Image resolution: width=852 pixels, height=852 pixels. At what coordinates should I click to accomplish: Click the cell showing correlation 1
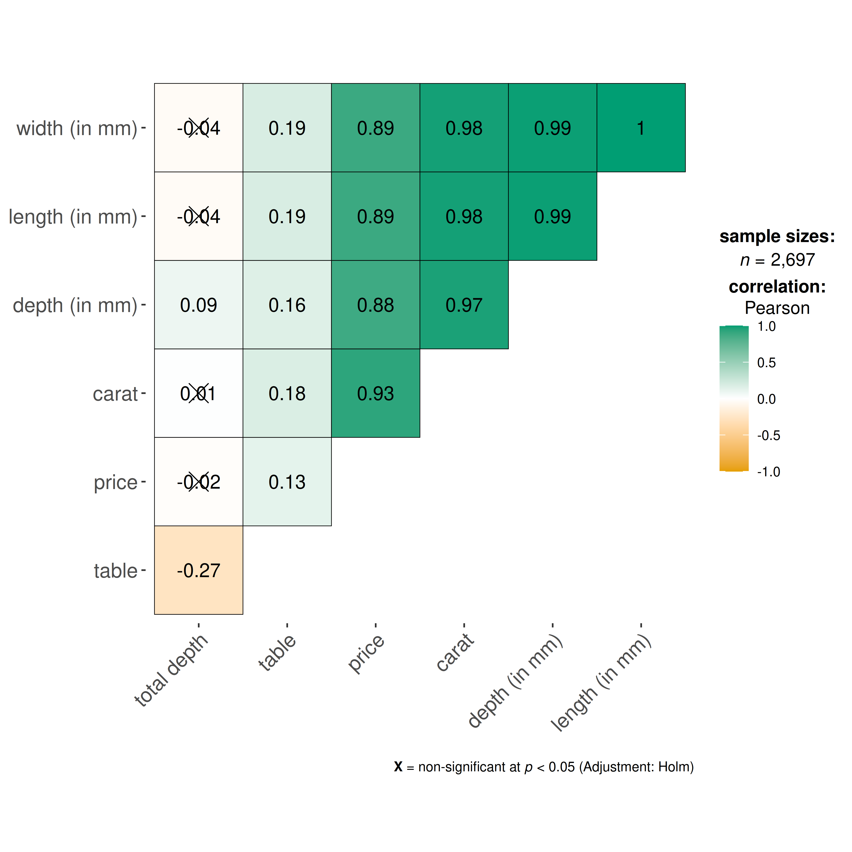coord(641,128)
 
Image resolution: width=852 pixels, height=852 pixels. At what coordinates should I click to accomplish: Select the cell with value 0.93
coord(375,393)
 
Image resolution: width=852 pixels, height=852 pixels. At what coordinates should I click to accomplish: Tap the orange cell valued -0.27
coord(198,570)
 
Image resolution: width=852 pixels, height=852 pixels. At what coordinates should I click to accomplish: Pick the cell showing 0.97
coord(464,305)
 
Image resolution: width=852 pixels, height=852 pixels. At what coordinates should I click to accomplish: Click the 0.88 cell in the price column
coord(375,305)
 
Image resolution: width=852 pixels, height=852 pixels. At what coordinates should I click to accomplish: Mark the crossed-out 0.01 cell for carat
coord(198,393)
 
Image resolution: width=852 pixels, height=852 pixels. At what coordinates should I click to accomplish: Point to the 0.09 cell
coord(198,305)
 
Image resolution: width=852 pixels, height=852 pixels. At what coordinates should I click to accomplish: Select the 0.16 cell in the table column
coord(287,305)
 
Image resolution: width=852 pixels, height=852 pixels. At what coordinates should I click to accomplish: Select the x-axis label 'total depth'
coord(171,670)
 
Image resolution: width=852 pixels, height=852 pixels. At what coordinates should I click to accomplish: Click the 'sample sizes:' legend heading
coord(777,236)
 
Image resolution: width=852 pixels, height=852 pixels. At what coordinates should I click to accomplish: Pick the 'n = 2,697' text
coord(777,260)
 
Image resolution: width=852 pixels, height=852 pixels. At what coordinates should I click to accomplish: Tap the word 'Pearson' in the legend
coord(777,308)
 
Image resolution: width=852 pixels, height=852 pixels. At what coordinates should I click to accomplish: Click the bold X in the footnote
coord(398,767)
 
